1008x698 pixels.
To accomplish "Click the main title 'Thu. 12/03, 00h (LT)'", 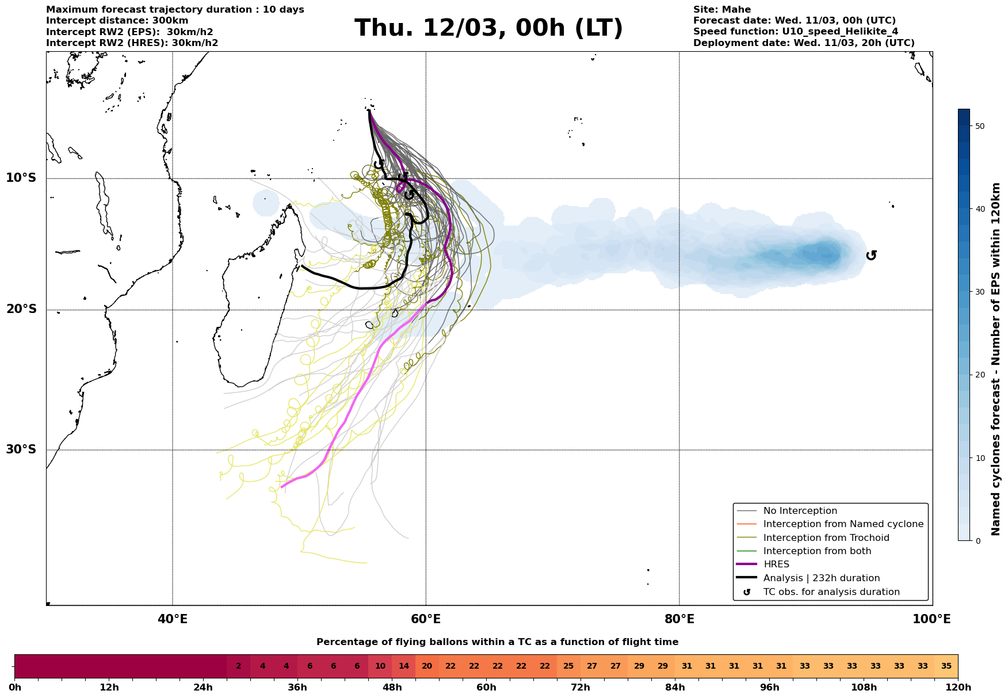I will pyautogui.click(x=488, y=28).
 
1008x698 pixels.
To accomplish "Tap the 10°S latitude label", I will pyautogui.click(x=21, y=178).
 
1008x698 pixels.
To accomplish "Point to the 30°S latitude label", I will pyautogui.click(x=21, y=449).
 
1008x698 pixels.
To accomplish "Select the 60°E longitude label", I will pyautogui.click(x=426, y=620).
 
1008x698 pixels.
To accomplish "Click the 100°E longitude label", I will pyautogui.click(x=931, y=620).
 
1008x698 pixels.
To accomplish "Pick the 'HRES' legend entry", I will pyautogui.click(x=776, y=564).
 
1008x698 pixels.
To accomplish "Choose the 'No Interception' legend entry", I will pyautogui.click(x=800, y=511).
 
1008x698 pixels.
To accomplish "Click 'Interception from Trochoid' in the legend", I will pyautogui.click(x=826, y=538).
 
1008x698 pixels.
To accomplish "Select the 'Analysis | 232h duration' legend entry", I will pyautogui.click(x=821, y=578).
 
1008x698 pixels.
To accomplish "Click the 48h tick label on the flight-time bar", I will pyautogui.click(x=392, y=688).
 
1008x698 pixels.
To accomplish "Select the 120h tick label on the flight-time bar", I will pyautogui.click(x=957, y=688).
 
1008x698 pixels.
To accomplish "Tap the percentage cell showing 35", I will pyautogui.click(x=946, y=666).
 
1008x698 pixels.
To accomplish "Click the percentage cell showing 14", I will pyautogui.click(x=403, y=666).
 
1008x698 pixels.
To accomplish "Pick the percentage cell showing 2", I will pyautogui.click(x=238, y=666).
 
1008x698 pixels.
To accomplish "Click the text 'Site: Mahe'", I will pyautogui.click(x=721, y=10).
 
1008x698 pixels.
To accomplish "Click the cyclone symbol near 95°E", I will pyautogui.click(x=871, y=255).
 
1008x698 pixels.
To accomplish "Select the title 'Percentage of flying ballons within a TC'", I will pyautogui.click(x=497, y=642).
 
